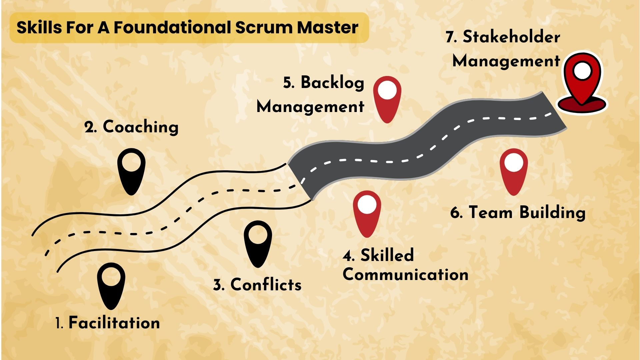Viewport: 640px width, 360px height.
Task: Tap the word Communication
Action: tap(405, 275)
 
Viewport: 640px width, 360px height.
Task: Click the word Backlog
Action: tap(332, 83)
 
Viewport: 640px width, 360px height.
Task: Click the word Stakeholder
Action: tap(511, 37)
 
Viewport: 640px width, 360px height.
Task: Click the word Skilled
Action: tap(387, 255)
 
